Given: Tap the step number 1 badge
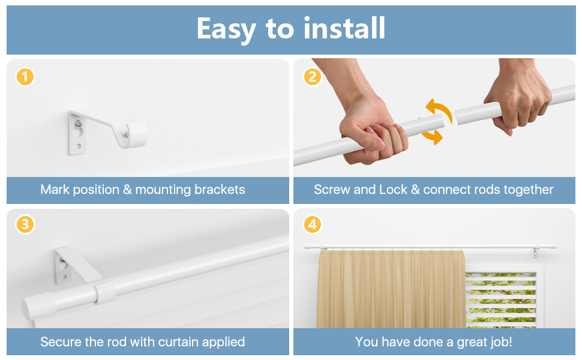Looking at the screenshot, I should pyautogui.click(x=25, y=77).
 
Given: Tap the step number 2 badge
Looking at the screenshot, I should pyautogui.click(x=311, y=77).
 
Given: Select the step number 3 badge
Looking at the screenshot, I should pyautogui.click(x=25, y=225).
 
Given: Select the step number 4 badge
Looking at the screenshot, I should pyautogui.click(x=311, y=225).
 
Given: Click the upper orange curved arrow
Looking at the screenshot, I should pyautogui.click(x=439, y=110).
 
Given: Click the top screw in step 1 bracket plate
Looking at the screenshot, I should pyautogui.click(x=79, y=124).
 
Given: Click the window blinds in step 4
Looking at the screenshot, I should pyautogui.click(x=501, y=300).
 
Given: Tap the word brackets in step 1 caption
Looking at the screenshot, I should pyautogui.click(x=219, y=190).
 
